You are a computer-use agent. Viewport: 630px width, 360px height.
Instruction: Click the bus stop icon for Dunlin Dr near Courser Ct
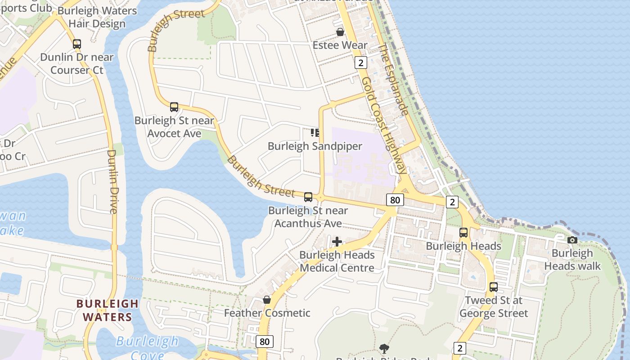(77, 44)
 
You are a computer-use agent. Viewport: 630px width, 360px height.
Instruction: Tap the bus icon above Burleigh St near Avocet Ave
(174, 107)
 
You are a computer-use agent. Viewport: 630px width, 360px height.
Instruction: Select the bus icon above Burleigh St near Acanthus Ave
(308, 197)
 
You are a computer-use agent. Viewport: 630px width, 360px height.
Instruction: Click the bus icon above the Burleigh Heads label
(463, 233)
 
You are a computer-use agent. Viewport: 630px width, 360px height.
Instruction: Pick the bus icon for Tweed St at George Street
(494, 287)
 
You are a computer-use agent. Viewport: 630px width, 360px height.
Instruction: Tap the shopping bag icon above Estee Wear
(340, 32)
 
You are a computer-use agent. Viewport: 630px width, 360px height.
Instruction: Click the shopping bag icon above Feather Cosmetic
(267, 300)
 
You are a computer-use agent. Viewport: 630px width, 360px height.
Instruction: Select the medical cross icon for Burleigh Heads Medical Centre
(337, 242)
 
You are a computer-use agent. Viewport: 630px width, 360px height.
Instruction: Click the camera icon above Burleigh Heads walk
(572, 240)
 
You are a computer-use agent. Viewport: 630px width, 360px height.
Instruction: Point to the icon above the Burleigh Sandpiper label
(315, 132)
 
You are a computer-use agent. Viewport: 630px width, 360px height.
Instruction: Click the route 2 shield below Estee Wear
(360, 63)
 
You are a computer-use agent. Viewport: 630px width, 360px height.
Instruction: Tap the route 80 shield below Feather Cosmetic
(265, 342)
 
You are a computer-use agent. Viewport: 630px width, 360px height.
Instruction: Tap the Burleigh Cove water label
(147, 347)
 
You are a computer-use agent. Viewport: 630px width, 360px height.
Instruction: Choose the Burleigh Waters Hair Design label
(97, 17)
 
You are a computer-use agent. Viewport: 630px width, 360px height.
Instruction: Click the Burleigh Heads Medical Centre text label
(337, 261)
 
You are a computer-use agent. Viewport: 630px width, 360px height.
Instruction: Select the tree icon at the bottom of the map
(384, 348)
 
